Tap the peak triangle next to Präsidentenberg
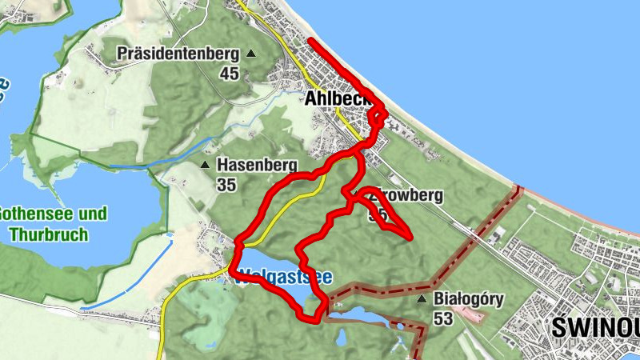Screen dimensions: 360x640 tap(251, 54)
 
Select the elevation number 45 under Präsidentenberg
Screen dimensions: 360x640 tap(230, 74)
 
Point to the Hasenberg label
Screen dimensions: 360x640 tap(257, 165)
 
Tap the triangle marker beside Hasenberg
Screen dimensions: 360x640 tap(206, 165)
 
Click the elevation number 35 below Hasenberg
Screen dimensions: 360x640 tap(226, 184)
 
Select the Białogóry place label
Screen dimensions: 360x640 tap(468, 299)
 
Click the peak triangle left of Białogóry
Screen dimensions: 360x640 tap(422, 299)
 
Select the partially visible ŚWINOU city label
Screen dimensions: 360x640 tap(596, 329)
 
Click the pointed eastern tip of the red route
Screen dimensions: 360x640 tap(410, 238)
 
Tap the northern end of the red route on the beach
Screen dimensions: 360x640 tap(310, 41)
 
